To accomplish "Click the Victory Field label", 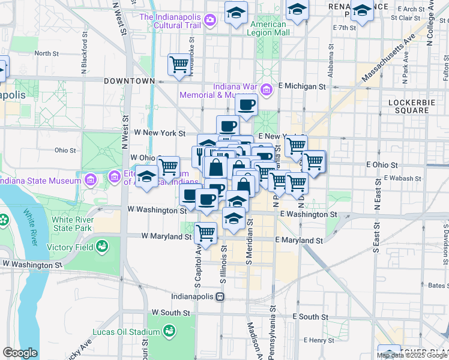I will (71, 247).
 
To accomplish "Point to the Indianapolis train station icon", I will (220, 296).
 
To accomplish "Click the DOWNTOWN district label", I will (130, 80).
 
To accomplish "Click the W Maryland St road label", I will (166, 236).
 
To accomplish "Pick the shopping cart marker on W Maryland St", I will (206, 232).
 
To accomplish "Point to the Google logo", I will (20, 353).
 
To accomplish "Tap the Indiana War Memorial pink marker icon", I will (267, 90).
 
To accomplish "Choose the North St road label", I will (46, 53).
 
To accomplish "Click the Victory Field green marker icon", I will (103, 247).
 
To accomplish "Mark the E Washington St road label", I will (308, 214).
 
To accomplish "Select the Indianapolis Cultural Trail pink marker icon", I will (210, 21).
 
